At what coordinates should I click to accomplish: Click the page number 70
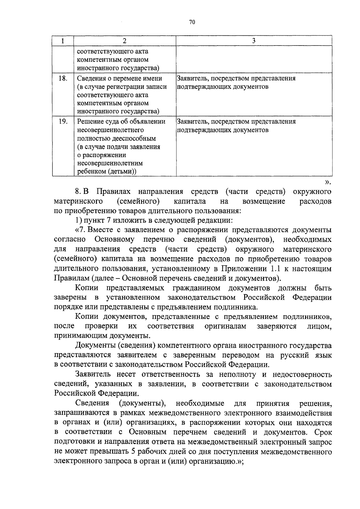coord(192,22)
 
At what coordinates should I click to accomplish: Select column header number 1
coord(63,41)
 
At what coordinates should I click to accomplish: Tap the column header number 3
coord(254,41)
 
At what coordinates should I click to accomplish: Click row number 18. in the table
coord(63,79)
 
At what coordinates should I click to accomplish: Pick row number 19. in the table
coord(63,122)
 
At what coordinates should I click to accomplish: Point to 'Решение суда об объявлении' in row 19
coord(121,122)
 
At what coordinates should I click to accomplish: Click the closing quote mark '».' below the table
coord(328,182)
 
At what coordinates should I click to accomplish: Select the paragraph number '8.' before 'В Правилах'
coord(79,192)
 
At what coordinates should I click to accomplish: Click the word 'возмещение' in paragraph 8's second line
coord(264,201)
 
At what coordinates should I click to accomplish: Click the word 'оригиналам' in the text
coord(225,326)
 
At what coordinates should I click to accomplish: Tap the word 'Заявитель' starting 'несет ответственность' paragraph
coord(93,374)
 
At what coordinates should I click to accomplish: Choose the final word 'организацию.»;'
coord(217,461)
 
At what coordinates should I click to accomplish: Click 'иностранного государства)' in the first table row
coord(118,68)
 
